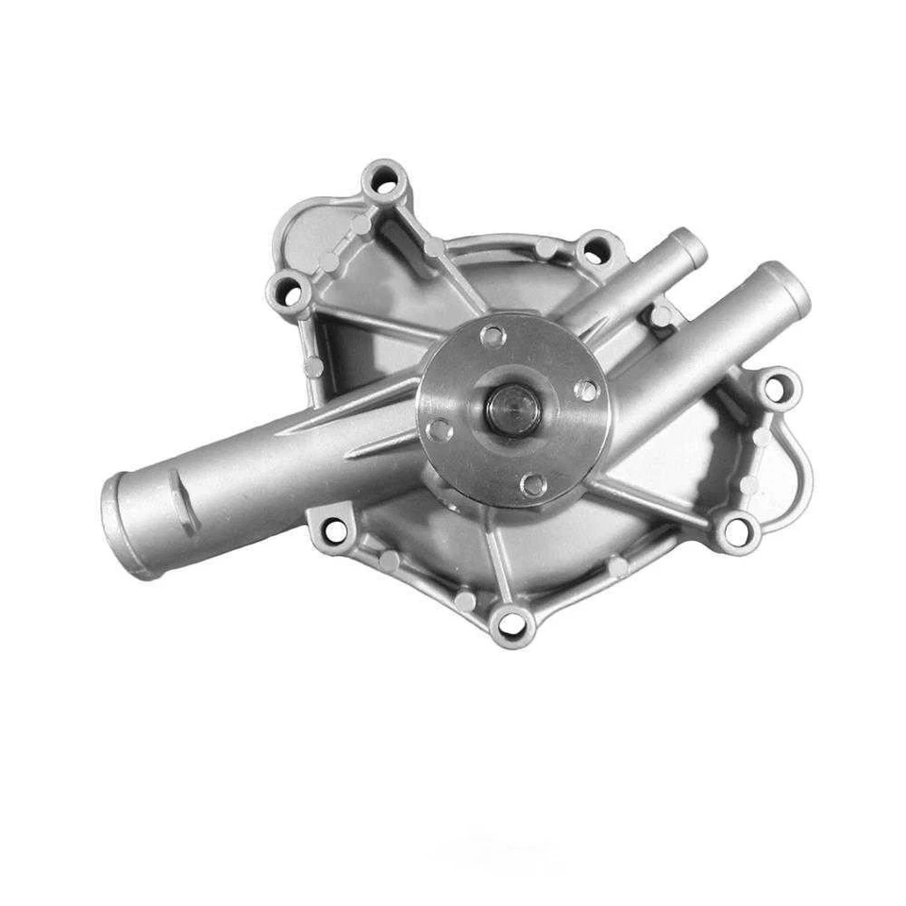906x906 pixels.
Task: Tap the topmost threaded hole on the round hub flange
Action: click(492, 336)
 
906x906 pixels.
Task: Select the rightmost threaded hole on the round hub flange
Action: click(587, 389)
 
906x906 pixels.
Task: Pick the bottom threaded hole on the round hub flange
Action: click(533, 485)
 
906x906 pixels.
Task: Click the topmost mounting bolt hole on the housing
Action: click(385, 179)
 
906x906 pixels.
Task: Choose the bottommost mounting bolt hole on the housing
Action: click(511, 623)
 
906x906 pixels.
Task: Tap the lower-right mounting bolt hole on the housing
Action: click(735, 528)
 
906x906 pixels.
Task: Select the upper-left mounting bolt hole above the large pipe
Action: click(291, 292)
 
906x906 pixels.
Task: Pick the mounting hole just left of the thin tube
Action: click(593, 252)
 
